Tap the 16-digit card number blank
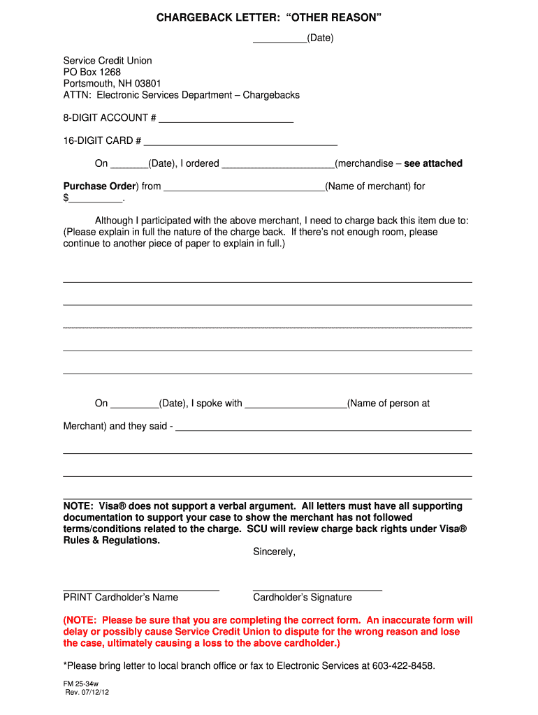[240, 144]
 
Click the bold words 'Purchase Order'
[100, 186]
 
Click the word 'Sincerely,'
[274, 552]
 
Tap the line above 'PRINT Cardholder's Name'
[141, 589]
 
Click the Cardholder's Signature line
[317, 589]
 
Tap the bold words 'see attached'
[433, 163]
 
